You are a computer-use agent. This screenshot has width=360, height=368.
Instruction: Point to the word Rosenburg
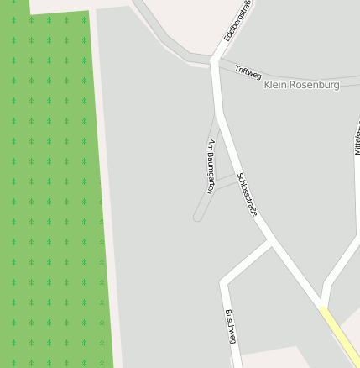[x=316, y=85]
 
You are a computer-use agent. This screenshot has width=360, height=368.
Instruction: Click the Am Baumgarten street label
[x=211, y=166]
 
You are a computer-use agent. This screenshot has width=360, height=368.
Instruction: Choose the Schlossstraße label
[x=247, y=194]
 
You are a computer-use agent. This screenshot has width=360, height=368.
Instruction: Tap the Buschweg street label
[x=231, y=327]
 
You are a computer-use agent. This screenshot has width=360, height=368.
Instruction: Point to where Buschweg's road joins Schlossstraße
[x=269, y=244]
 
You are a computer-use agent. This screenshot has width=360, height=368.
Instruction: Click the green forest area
[x=50, y=185]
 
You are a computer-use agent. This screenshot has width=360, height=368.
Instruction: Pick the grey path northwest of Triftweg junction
[x=164, y=34]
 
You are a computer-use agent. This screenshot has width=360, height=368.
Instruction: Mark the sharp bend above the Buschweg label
[x=224, y=282]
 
